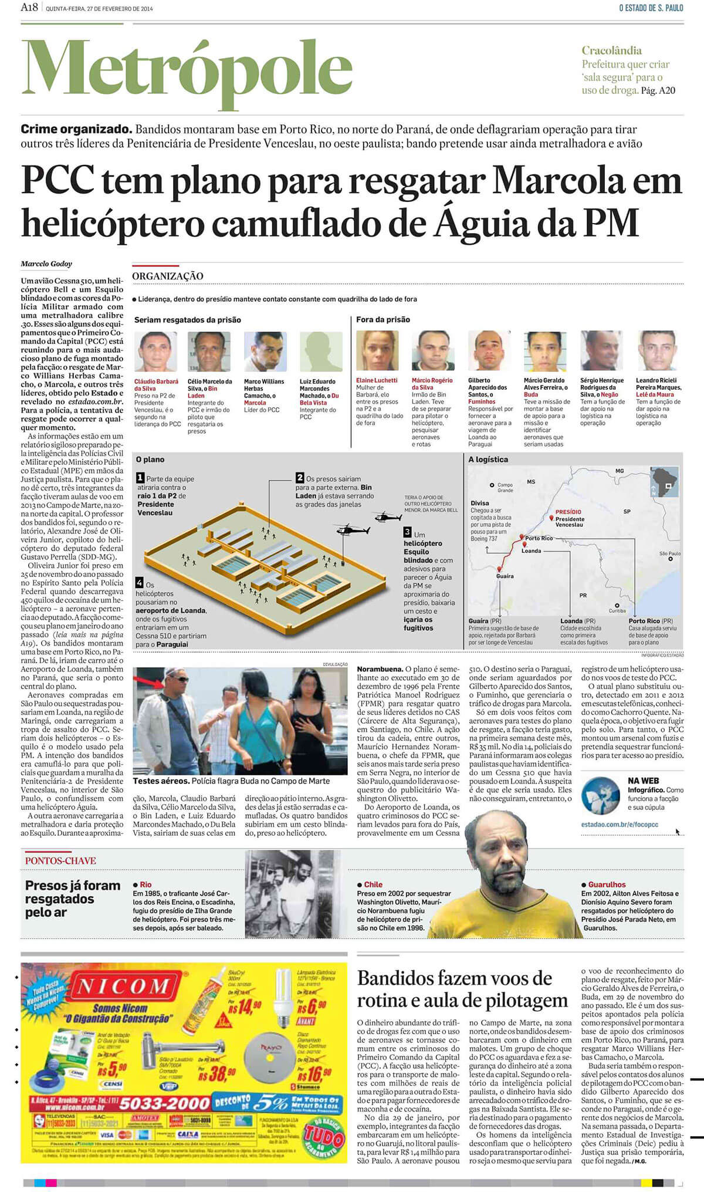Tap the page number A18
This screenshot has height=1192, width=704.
(29, 8)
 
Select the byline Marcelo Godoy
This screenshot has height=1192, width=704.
(46, 264)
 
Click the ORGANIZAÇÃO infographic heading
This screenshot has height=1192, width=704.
(167, 276)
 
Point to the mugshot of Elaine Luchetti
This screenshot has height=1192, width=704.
(377, 350)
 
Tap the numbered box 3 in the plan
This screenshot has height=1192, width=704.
(407, 532)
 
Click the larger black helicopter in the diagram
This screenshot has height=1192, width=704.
(350, 532)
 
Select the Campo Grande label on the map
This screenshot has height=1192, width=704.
(505, 487)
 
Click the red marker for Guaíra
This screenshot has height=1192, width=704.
(499, 569)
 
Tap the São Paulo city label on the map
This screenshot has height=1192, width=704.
(670, 553)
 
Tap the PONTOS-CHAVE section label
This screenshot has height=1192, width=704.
(60, 860)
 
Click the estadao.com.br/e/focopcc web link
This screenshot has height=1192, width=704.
(620, 824)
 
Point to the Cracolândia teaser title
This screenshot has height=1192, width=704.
(611, 50)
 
